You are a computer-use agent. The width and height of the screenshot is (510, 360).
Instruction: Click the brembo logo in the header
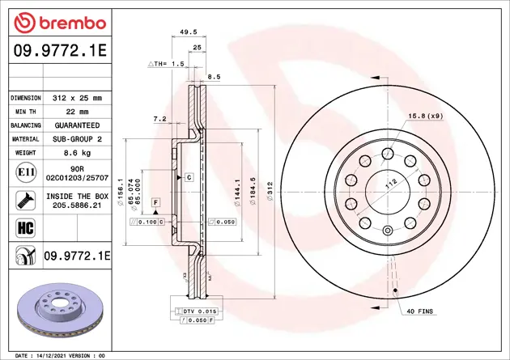(60, 23)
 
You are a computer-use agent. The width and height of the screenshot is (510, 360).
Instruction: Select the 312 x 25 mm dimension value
(77, 98)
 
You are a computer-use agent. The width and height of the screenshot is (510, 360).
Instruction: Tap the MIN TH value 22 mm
(77, 112)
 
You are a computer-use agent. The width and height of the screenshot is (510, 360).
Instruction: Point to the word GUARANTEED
(77, 125)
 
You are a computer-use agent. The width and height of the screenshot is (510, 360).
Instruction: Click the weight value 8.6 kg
(77, 153)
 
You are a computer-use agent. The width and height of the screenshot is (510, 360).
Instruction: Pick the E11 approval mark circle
(26, 172)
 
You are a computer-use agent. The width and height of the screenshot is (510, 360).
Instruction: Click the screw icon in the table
(26, 201)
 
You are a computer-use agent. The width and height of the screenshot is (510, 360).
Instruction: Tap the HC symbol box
(26, 228)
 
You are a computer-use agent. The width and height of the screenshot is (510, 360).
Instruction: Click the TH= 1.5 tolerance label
(166, 64)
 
